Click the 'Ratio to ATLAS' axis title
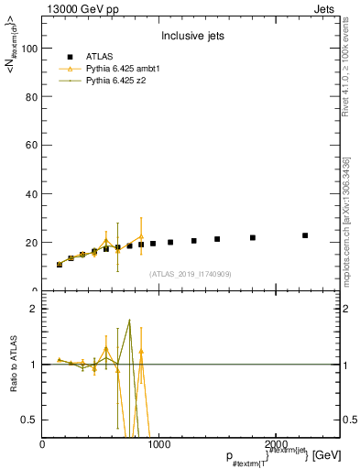click(15, 364)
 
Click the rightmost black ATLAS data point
click(305, 235)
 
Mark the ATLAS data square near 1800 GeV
click(252, 237)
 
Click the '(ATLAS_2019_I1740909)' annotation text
click(191, 274)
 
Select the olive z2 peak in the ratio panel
click(129, 321)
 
